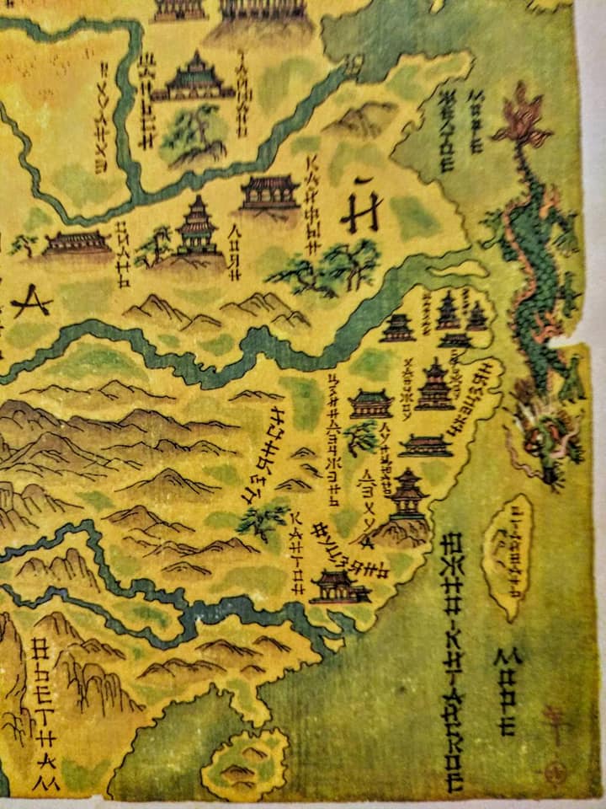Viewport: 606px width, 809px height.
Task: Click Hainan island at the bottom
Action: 244,763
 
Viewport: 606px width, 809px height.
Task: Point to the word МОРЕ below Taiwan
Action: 508,691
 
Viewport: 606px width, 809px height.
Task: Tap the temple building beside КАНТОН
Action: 338,587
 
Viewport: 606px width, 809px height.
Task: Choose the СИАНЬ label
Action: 123,244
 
